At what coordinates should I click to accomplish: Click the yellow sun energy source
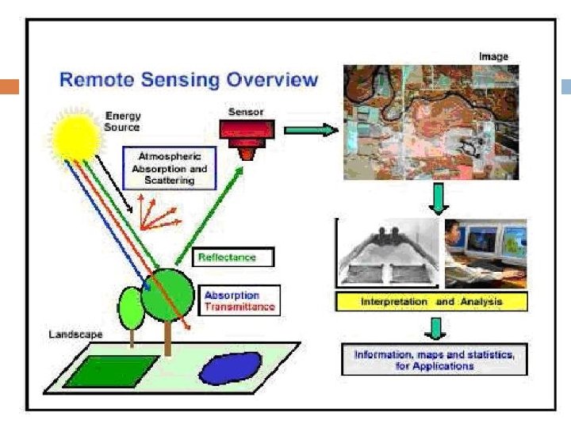76,135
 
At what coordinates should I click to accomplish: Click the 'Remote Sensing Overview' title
189,80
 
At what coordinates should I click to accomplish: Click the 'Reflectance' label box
234,258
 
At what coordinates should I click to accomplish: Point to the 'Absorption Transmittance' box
239,300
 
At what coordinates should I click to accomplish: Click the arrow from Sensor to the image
309,129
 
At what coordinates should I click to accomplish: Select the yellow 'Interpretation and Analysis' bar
431,302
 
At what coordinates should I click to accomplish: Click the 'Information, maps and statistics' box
435,361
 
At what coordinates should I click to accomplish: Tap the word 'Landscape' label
75,334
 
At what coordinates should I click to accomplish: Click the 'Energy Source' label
123,121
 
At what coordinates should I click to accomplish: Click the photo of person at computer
485,253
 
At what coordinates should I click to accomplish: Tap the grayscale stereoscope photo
389,253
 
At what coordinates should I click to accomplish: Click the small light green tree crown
132,308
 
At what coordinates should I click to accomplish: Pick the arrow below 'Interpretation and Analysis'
435,327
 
